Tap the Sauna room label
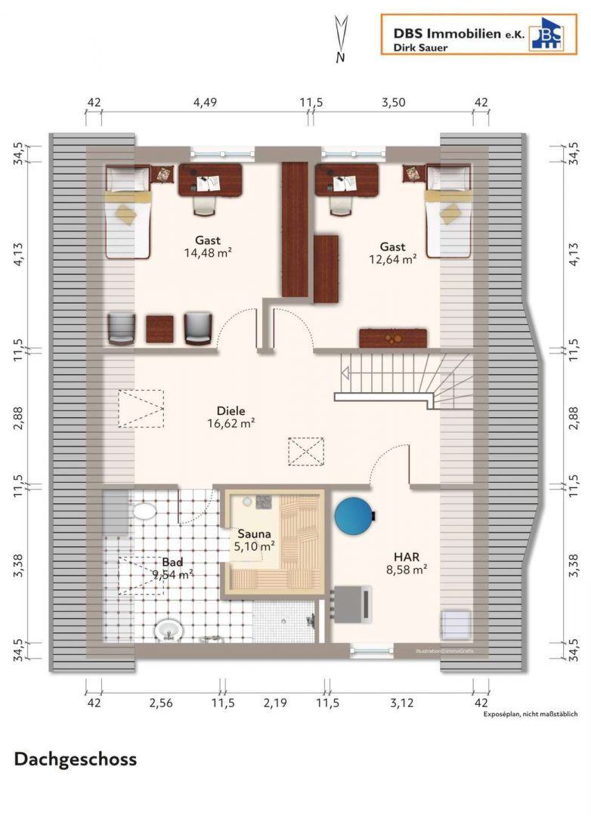[254, 533]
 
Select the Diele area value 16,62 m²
[231, 424]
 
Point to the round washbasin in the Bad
[169, 630]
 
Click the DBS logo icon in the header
[546, 34]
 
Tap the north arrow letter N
[340, 57]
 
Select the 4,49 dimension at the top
[205, 103]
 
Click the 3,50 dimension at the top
[393, 103]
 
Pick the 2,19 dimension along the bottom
[275, 703]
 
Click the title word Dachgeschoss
[76, 759]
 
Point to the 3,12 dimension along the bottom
[401, 703]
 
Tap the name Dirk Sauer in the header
[420, 48]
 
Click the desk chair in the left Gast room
[205, 205]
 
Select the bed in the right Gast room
[448, 211]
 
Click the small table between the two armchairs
[160, 329]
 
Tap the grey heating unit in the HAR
[353, 604]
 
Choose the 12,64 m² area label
[392, 259]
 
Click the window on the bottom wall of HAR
[372, 650]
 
